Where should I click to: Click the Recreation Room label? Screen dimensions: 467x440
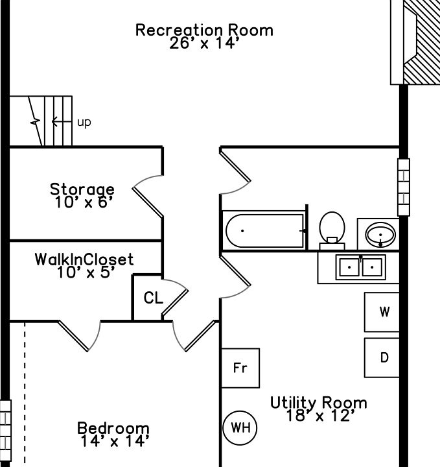tap(204, 30)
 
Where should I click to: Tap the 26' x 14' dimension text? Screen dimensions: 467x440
tap(204, 44)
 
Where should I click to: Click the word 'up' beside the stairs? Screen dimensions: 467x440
tap(84, 122)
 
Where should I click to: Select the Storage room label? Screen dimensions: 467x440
tap(82, 189)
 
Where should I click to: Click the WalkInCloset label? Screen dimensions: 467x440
tap(84, 259)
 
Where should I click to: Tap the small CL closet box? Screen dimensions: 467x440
tap(153, 298)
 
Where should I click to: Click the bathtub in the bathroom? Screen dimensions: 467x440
tap(264, 230)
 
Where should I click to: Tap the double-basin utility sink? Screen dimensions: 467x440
tap(360, 267)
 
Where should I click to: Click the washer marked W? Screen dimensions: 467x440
tap(384, 312)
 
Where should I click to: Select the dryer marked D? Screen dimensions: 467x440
tap(384, 357)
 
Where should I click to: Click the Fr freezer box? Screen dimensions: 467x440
tap(240, 368)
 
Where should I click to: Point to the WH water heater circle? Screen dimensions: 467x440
tap(240, 427)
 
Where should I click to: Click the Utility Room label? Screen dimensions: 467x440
tap(318, 403)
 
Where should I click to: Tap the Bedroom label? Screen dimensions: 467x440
tap(113, 428)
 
